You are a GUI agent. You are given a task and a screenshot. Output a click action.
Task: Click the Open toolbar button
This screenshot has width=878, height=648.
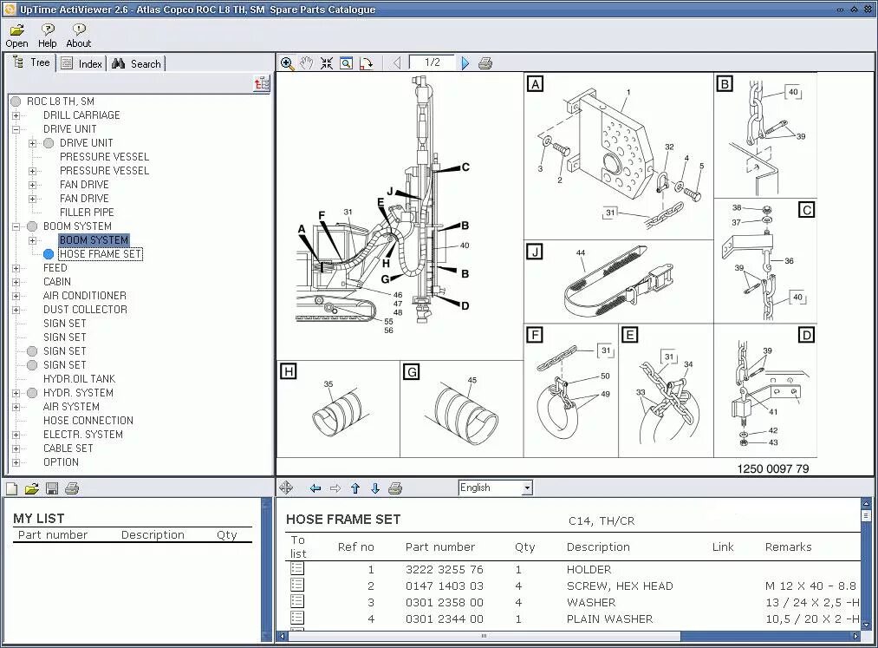click(16, 35)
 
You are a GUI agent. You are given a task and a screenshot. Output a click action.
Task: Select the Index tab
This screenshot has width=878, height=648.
click(81, 63)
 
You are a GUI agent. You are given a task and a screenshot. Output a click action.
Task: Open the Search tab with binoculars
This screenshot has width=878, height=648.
click(136, 63)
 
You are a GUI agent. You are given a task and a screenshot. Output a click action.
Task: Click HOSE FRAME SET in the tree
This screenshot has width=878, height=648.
click(100, 254)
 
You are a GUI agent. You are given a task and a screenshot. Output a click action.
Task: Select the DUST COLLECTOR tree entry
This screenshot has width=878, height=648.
click(85, 310)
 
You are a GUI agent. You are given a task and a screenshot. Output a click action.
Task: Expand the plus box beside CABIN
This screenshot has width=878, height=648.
click(16, 282)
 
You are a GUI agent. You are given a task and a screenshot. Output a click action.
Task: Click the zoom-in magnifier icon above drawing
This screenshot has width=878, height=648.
click(288, 63)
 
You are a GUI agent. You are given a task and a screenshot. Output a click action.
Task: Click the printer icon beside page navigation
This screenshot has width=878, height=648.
click(485, 63)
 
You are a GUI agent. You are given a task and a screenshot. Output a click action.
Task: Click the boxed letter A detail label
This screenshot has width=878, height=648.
click(536, 84)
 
